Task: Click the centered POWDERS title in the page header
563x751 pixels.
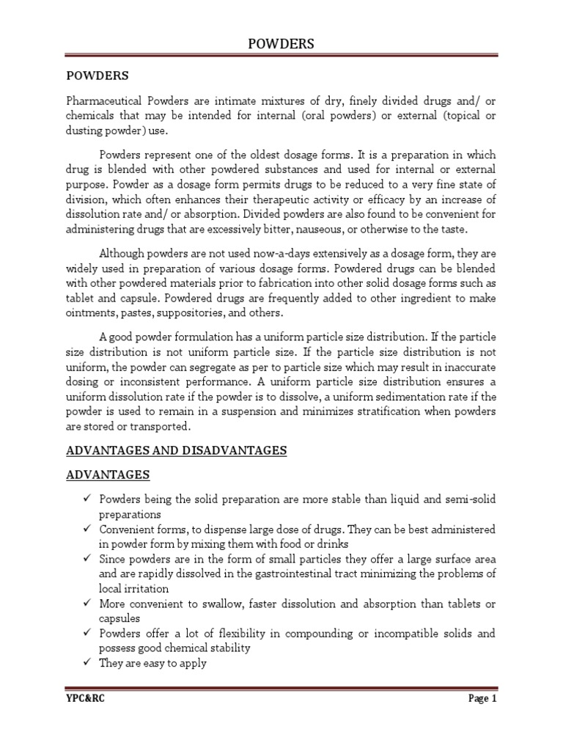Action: (281, 44)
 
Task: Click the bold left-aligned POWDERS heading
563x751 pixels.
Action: (97, 76)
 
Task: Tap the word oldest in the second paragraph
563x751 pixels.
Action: (286, 155)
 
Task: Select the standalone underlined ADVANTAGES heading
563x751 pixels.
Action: (108, 476)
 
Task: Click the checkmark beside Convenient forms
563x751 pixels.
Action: (85, 529)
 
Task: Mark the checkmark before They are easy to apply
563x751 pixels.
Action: (85, 662)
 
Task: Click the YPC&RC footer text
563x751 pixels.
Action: (84, 719)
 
